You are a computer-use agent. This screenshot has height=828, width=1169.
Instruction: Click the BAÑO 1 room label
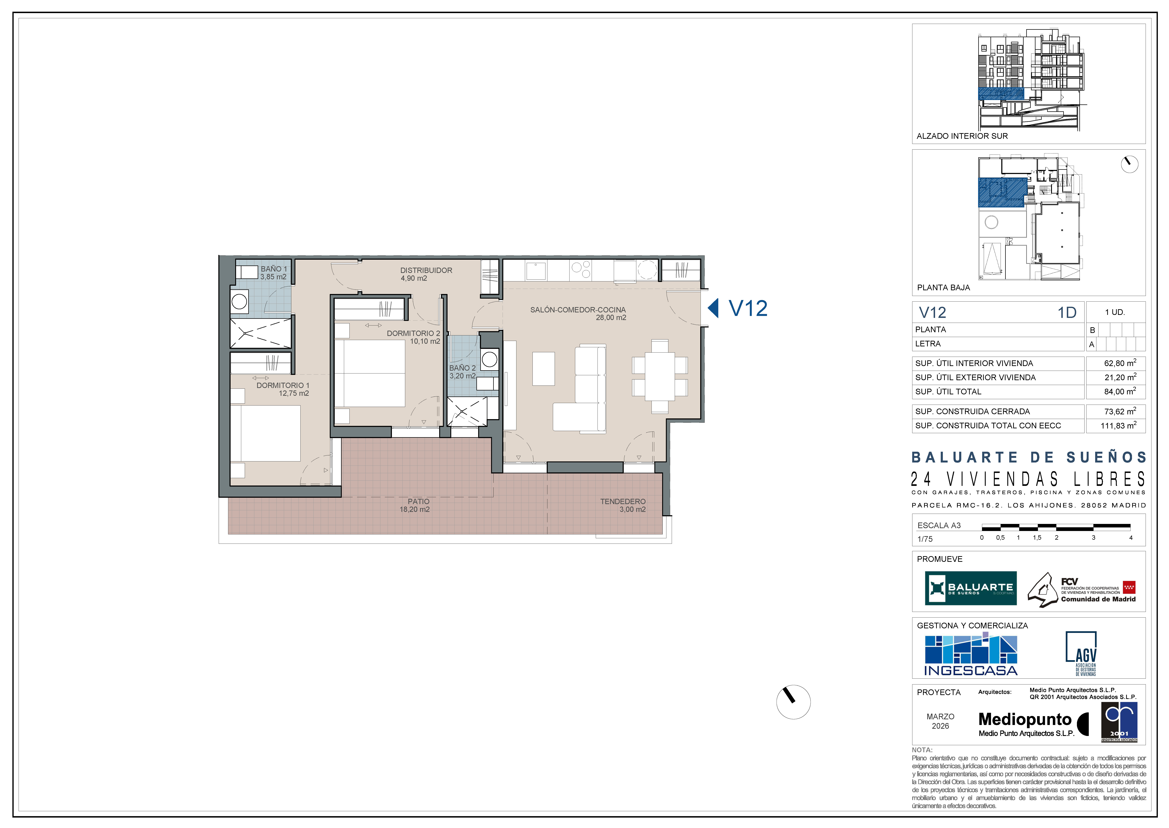pos(274,269)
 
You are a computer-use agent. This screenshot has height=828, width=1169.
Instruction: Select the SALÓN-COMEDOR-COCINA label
pos(578,309)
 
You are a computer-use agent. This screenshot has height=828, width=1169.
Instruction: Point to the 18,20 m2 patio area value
pos(415,509)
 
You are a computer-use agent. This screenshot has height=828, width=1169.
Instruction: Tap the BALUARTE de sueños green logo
pos(971,588)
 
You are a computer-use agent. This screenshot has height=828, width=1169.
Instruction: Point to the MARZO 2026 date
pos(941,721)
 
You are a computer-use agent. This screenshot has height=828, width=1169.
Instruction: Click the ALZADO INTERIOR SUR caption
pos(962,136)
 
